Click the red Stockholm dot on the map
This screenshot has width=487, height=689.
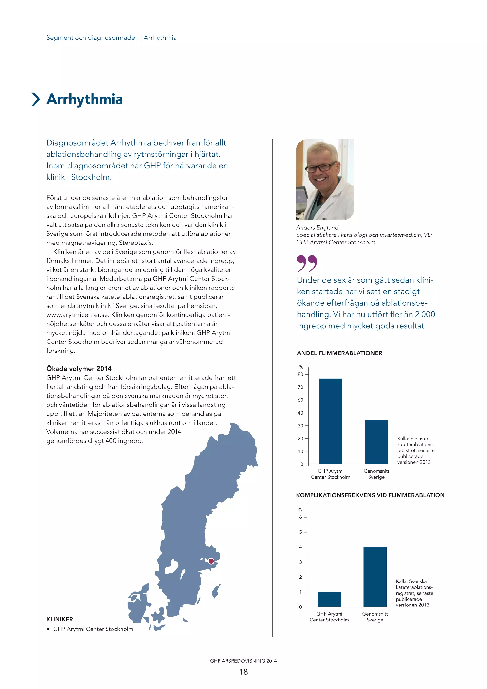(x=211, y=561)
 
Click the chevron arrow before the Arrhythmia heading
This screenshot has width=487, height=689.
(x=36, y=99)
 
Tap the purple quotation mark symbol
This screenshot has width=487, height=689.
(x=307, y=263)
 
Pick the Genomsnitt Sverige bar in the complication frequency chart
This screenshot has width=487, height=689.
(x=375, y=577)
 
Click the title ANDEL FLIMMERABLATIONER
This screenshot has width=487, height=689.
(x=339, y=353)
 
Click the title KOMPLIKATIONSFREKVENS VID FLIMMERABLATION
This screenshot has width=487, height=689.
(x=370, y=495)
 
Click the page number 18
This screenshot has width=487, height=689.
(x=243, y=672)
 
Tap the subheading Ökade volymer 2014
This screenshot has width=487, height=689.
(x=79, y=368)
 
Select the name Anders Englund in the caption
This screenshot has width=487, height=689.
(x=317, y=227)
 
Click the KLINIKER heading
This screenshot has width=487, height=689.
(x=59, y=619)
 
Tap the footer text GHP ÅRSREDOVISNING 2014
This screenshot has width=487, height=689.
(x=243, y=660)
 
